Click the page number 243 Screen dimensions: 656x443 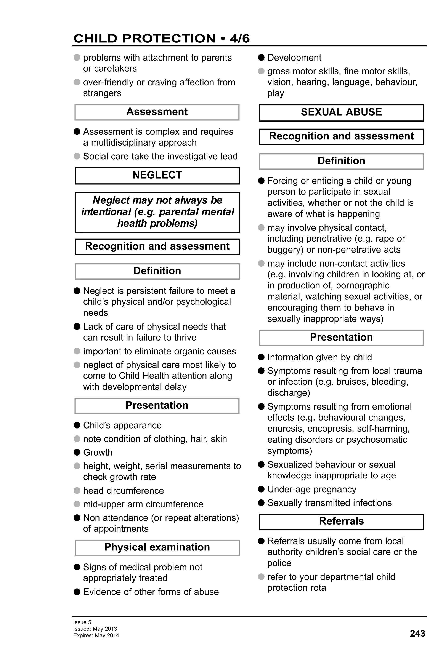coord(417,634)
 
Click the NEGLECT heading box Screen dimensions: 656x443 coord(157,175)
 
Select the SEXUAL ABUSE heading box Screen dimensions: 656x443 coord(341,112)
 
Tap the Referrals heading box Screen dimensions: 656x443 coord(341,521)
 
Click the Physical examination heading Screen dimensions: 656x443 coord(157,547)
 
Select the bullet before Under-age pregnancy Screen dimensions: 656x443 coord(261,489)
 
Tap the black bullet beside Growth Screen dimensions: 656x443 coord(77,452)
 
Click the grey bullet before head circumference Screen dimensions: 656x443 coord(77,491)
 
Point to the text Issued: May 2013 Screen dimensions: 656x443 coord(95,629)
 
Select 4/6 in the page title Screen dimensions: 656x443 coord(239,39)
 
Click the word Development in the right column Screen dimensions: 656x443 coord(294,58)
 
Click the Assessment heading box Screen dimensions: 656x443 coord(157,112)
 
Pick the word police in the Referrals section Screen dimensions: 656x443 coord(279,563)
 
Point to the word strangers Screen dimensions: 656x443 coord(102,93)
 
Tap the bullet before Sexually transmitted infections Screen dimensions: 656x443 coord(261,503)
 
